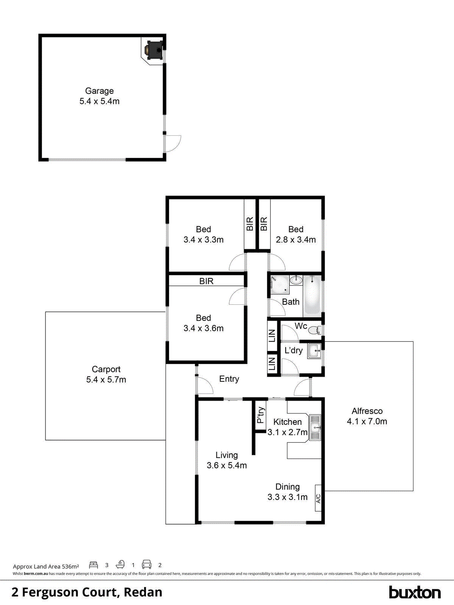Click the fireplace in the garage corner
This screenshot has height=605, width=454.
pyautogui.click(x=155, y=50)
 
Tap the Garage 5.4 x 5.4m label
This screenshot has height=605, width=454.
pyautogui.click(x=100, y=96)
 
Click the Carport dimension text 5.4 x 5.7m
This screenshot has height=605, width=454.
pyautogui.click(x=106, y=380)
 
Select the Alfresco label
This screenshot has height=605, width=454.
pyautogui.click(x=367, y=411)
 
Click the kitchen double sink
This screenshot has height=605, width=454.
pyautogui.click(x=315, y=428)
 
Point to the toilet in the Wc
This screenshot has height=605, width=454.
pyautogui.click(x=314, y=330)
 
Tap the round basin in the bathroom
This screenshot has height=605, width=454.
pyautogui.click(x=296, y=281)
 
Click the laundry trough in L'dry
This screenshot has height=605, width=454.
pyautogui.click(x=314, y=351)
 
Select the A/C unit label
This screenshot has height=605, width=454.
pyautogui.click(x=318, y=498)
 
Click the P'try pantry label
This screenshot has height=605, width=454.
pyautogui.click(x=261, y=415)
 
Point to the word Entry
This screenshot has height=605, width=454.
pyautogui.click(x=229, y=379)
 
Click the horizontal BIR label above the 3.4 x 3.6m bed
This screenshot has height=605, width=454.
pyautogui.click(x=206, y=281)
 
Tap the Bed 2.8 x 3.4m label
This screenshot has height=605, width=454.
pyautogui.click(x=295, y=234)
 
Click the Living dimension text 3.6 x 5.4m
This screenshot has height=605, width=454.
pyautogui.click(x=227, y=465)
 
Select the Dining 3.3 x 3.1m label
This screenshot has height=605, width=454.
pyautogui.click(x=288, y=492)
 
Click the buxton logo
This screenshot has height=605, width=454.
pyautogui.click(x=415, y=592)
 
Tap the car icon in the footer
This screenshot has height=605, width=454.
pyautogui.click(x=146, y=565)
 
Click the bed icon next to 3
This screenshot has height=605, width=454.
pyautogui.click(x=93, y=565)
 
